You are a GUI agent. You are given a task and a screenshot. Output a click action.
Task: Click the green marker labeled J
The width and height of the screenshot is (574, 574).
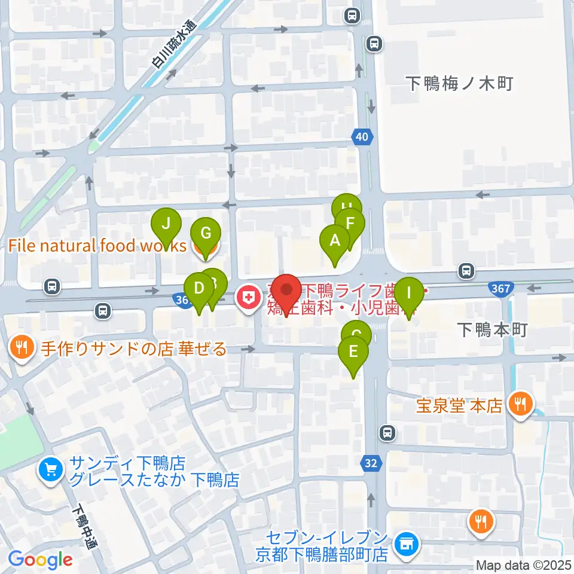[167, 225]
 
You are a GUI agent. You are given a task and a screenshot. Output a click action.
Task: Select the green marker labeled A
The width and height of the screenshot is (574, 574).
[335, 242]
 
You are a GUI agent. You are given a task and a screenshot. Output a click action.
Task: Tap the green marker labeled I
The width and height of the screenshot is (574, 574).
[410, 294]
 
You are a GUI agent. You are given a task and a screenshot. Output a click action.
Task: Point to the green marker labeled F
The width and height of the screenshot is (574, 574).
[350, 225]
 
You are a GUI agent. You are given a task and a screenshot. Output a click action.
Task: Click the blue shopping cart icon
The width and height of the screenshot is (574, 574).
[51, 470]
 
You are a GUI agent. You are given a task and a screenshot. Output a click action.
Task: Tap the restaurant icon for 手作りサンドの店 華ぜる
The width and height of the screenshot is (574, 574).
[22, 348]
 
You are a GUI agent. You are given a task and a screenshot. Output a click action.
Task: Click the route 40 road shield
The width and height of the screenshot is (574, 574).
[361, 137]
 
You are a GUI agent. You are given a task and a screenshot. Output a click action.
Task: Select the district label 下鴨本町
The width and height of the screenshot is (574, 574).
[491, 329]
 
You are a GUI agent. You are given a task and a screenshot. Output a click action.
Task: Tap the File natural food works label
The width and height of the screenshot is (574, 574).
[97, 245]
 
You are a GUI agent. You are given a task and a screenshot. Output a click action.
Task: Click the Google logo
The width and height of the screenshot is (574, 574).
[40, 560]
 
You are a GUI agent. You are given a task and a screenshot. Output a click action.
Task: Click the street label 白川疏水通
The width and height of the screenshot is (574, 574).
[174, 45]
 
